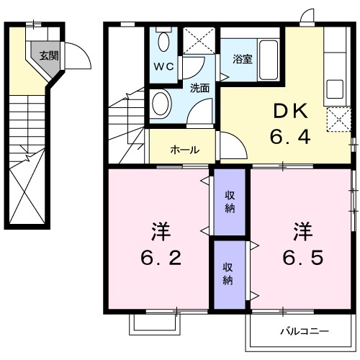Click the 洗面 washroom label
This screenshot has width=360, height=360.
coord(199,89)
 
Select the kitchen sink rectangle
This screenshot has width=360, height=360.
coord(336,89)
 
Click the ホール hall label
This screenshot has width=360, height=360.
coord(185,150)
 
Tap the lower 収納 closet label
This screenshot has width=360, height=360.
coord(228,273)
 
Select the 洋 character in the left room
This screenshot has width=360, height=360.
coord(160,231)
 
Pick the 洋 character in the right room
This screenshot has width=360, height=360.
coord(302,231)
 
